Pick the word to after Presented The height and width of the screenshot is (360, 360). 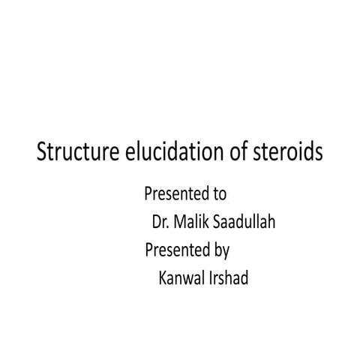click(x=219, y=195)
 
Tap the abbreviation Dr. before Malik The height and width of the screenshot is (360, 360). click(x=160, y=223)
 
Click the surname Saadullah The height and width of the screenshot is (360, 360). click(x=244, y=223)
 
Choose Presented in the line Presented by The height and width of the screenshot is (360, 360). click(x=177, y=250)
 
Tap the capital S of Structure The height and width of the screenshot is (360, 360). click(x=42, y=153)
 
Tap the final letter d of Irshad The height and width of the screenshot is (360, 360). click(x=252, y=277)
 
